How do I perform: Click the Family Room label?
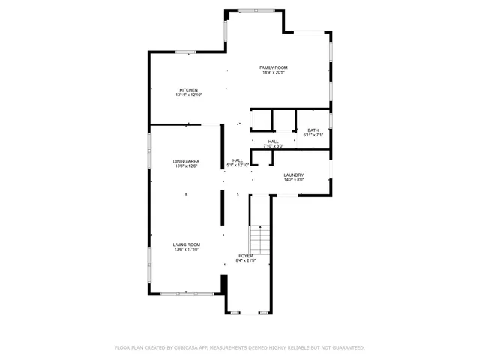pyautogui.click(x=274, y=67)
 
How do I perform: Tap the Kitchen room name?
pyautogui.click(x=188, y=90)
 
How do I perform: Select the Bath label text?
pyautogui.click(x=312, y=130)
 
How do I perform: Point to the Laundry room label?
pyautogui.click(x=293, y=175)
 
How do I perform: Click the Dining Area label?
pyautogui.click(x=186, y=161)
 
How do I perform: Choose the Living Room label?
pyautogui.click(x=187, y=244)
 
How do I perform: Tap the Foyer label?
pyautogui.click(x=246, y=256)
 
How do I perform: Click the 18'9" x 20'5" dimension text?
pyautogui.click(x=274, y=73)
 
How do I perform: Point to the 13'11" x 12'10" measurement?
pyautogui.click(x=188, y=95)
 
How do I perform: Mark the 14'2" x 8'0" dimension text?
pyautogui.click(x=293, y=181)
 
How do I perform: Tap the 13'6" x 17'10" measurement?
pyautogui.click(x=187, y=250)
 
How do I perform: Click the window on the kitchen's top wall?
pyautogui.click(x=185, y=52)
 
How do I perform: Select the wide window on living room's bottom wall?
pyautogui.click(x=180, y=292)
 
